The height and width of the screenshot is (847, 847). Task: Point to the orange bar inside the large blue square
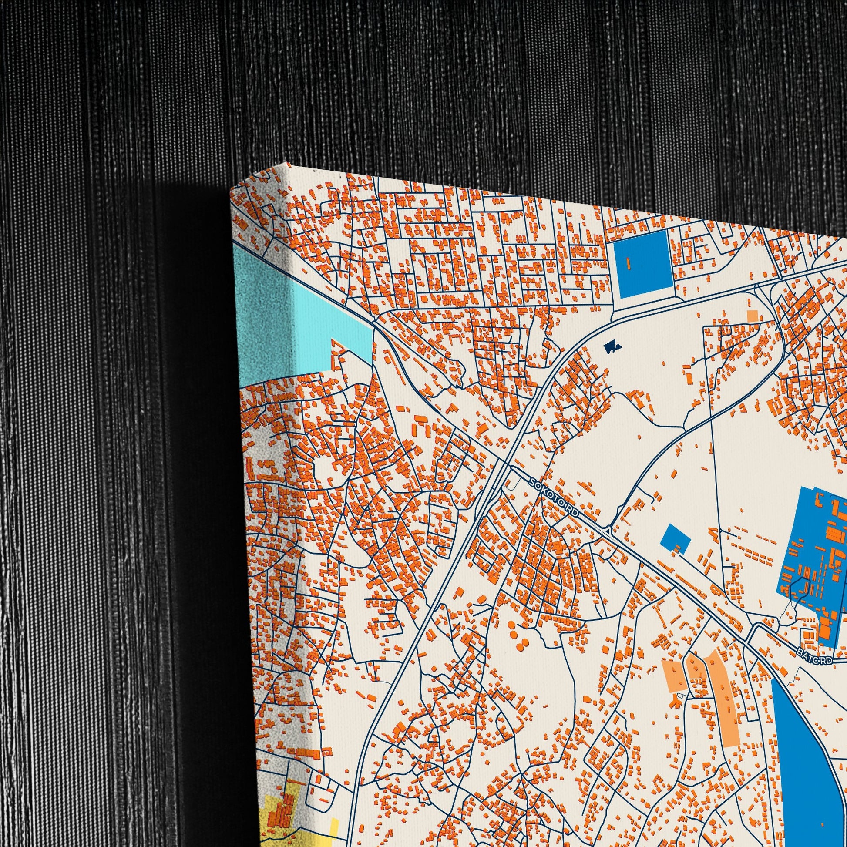click(x=628, y=262)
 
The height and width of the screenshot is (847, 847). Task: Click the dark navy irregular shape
click(x=612, y=347)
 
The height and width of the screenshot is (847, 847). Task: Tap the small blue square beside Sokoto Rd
click(x=678, y=537)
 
